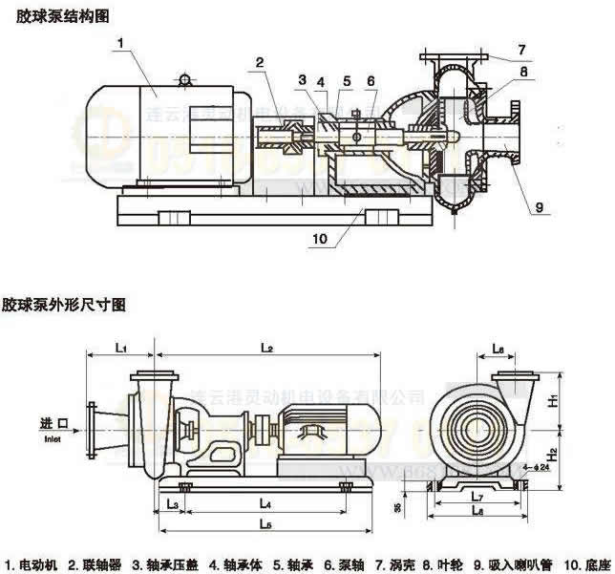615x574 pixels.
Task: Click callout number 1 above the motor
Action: pos(121,43)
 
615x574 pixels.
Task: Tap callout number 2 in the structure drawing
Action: pos(260,63)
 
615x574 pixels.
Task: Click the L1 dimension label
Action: pos(121,349)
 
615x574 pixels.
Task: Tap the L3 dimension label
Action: pos(173,502)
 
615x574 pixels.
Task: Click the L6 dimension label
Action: pos(498,349)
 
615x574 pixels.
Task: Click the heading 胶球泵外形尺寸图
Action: pos(63,306)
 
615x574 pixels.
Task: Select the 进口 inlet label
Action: pos(53,423)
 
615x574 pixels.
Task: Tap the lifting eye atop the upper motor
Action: pos(184,75)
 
